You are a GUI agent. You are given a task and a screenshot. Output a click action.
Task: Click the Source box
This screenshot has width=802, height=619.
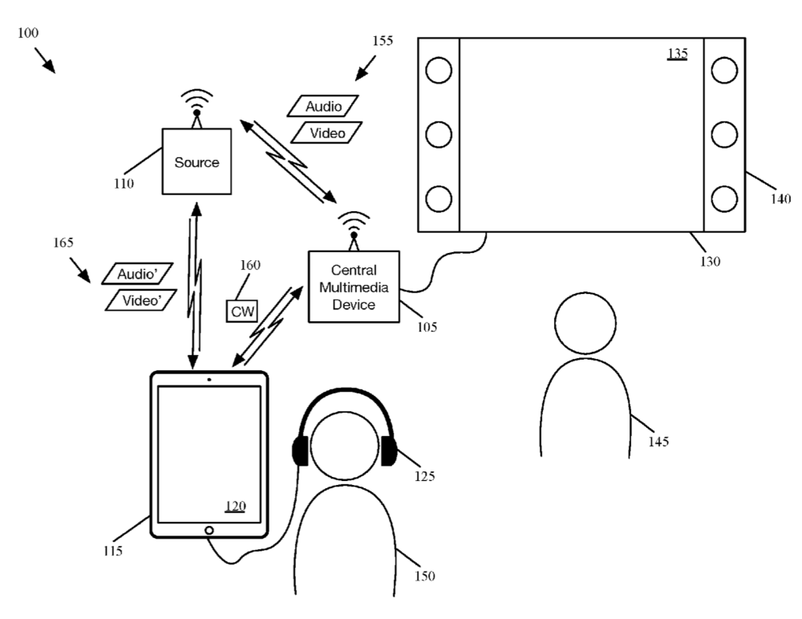(196, 161)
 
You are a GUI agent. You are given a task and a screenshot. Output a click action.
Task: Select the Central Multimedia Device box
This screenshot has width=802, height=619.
(354, 287)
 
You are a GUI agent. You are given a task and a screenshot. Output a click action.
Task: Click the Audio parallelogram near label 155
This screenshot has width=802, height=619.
(322, 107)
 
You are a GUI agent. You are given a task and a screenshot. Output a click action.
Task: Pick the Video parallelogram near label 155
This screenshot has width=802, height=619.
(326, 132)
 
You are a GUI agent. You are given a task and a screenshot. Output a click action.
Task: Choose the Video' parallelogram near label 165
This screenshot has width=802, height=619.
(142, 299)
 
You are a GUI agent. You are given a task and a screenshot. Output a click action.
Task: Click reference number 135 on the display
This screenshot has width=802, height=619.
(678, 54)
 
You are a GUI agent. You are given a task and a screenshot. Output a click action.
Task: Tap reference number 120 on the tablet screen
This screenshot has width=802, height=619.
(235, 507)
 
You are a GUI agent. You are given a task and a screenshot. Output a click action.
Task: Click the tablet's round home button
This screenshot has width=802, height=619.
(209, 530)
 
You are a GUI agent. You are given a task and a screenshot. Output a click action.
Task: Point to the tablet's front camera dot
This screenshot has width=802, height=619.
(209, 378)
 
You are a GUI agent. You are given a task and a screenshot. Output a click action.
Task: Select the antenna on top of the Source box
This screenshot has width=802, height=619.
(196, 108)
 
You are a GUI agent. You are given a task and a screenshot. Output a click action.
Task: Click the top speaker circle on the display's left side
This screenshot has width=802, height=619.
(439, 71)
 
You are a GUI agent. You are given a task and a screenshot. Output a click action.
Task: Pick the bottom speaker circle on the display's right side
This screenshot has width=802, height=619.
(723, 198)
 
